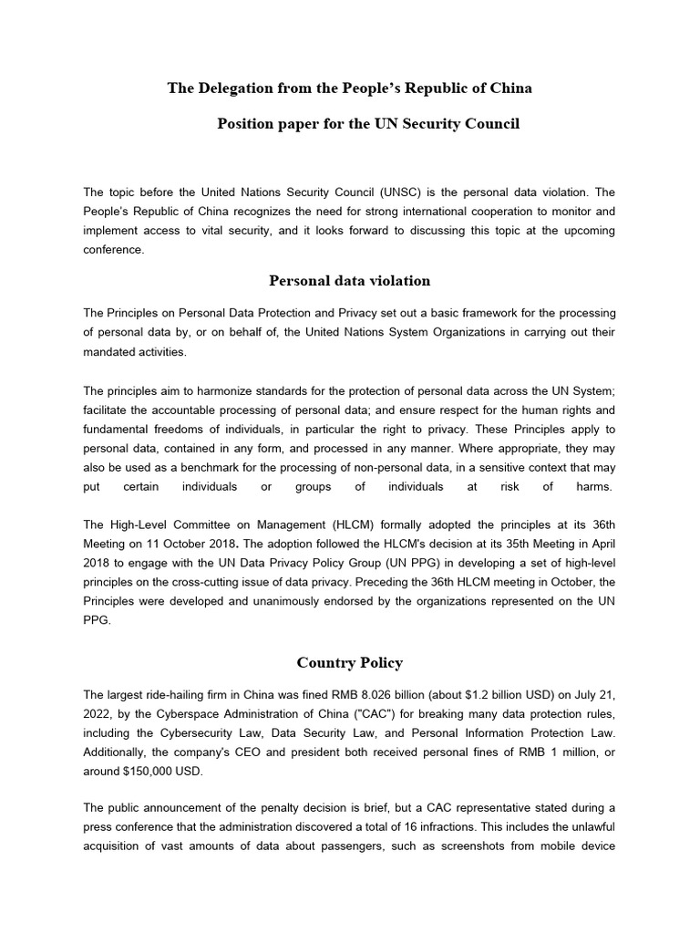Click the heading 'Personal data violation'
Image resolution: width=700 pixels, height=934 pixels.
(x=349, y=280)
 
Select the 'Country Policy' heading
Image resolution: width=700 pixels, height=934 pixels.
(x=349, y=662)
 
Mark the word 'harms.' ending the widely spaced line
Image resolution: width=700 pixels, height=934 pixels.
(x=594, y=486)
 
